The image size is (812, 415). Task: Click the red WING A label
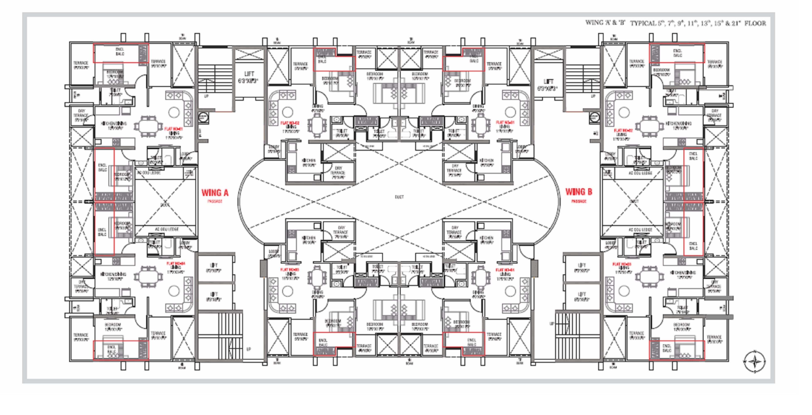pos(215,193)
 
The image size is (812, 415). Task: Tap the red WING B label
pos(578,192)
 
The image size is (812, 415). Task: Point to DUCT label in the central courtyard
pos(399,197)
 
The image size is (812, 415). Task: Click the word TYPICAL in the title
pos(643,23)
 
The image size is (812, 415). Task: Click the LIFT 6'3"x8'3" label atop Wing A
pos(248,77)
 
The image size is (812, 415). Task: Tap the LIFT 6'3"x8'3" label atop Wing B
pos(548,84)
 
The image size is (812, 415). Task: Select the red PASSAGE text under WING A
pos(215,201)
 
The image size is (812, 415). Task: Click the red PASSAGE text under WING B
pos(578,201)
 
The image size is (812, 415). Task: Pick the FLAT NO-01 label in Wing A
pos(173,129)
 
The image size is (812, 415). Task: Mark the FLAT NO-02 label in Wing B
pos(623,130)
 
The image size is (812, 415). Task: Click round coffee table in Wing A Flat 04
pos(174,290)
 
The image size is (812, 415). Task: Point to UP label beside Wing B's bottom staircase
pos(552,324)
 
